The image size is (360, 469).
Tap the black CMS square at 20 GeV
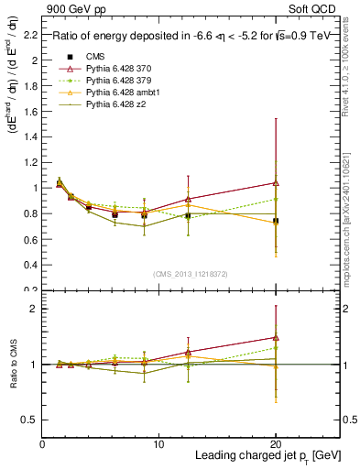[276, 221]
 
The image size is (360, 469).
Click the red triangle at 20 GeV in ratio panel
[276, 337]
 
